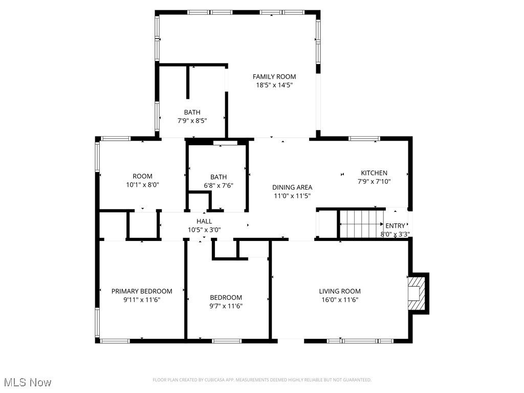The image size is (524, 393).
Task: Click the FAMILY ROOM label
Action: [274, 77]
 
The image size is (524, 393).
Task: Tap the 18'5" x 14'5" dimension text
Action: [274, 85]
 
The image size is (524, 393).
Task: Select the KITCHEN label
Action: [374, 173]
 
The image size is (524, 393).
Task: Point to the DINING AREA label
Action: [292, 187]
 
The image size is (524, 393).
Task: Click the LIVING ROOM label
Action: [340, 291]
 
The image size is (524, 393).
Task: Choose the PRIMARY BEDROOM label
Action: [142, 291]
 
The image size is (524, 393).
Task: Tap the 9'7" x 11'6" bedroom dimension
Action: [226, 306]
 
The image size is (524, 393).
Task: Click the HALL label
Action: [204, 221]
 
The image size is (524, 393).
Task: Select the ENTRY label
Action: [395, 226]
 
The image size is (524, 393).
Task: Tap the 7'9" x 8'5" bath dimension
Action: [192, 121]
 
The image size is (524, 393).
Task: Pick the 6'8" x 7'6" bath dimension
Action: [218, 186]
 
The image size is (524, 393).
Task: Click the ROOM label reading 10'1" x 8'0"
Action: [142, 177]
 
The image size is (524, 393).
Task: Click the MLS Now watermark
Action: [28, 382]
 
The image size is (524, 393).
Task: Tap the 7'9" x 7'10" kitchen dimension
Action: [374, 181]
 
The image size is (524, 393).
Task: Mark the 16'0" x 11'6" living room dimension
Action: [340, 300]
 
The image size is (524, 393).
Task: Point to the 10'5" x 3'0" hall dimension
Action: [204, 230]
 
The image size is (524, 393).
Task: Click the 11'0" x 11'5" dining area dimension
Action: [292, 196]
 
